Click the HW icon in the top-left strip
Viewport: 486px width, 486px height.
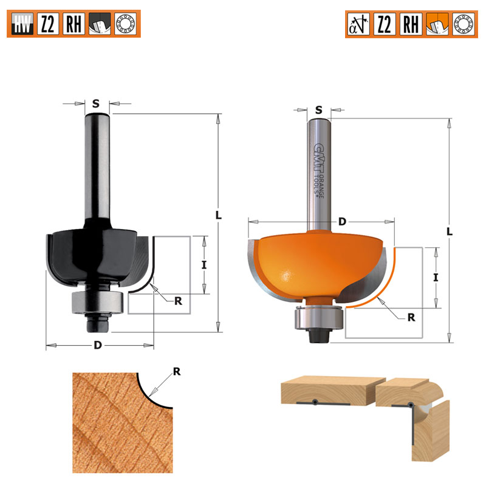(22, 24)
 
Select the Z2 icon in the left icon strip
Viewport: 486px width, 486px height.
(48, 24)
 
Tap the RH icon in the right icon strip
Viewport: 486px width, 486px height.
(411, 24)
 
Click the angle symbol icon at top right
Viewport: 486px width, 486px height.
(358, 24)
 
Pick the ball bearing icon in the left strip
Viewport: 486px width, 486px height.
(126, 24)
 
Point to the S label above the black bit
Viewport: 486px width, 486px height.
(96, 103)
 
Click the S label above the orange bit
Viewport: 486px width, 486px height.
(318, 110)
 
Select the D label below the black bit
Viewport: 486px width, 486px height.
(98, 345)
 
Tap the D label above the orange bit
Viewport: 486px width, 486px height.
(342, 222)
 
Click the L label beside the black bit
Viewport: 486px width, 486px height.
(219, 215)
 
